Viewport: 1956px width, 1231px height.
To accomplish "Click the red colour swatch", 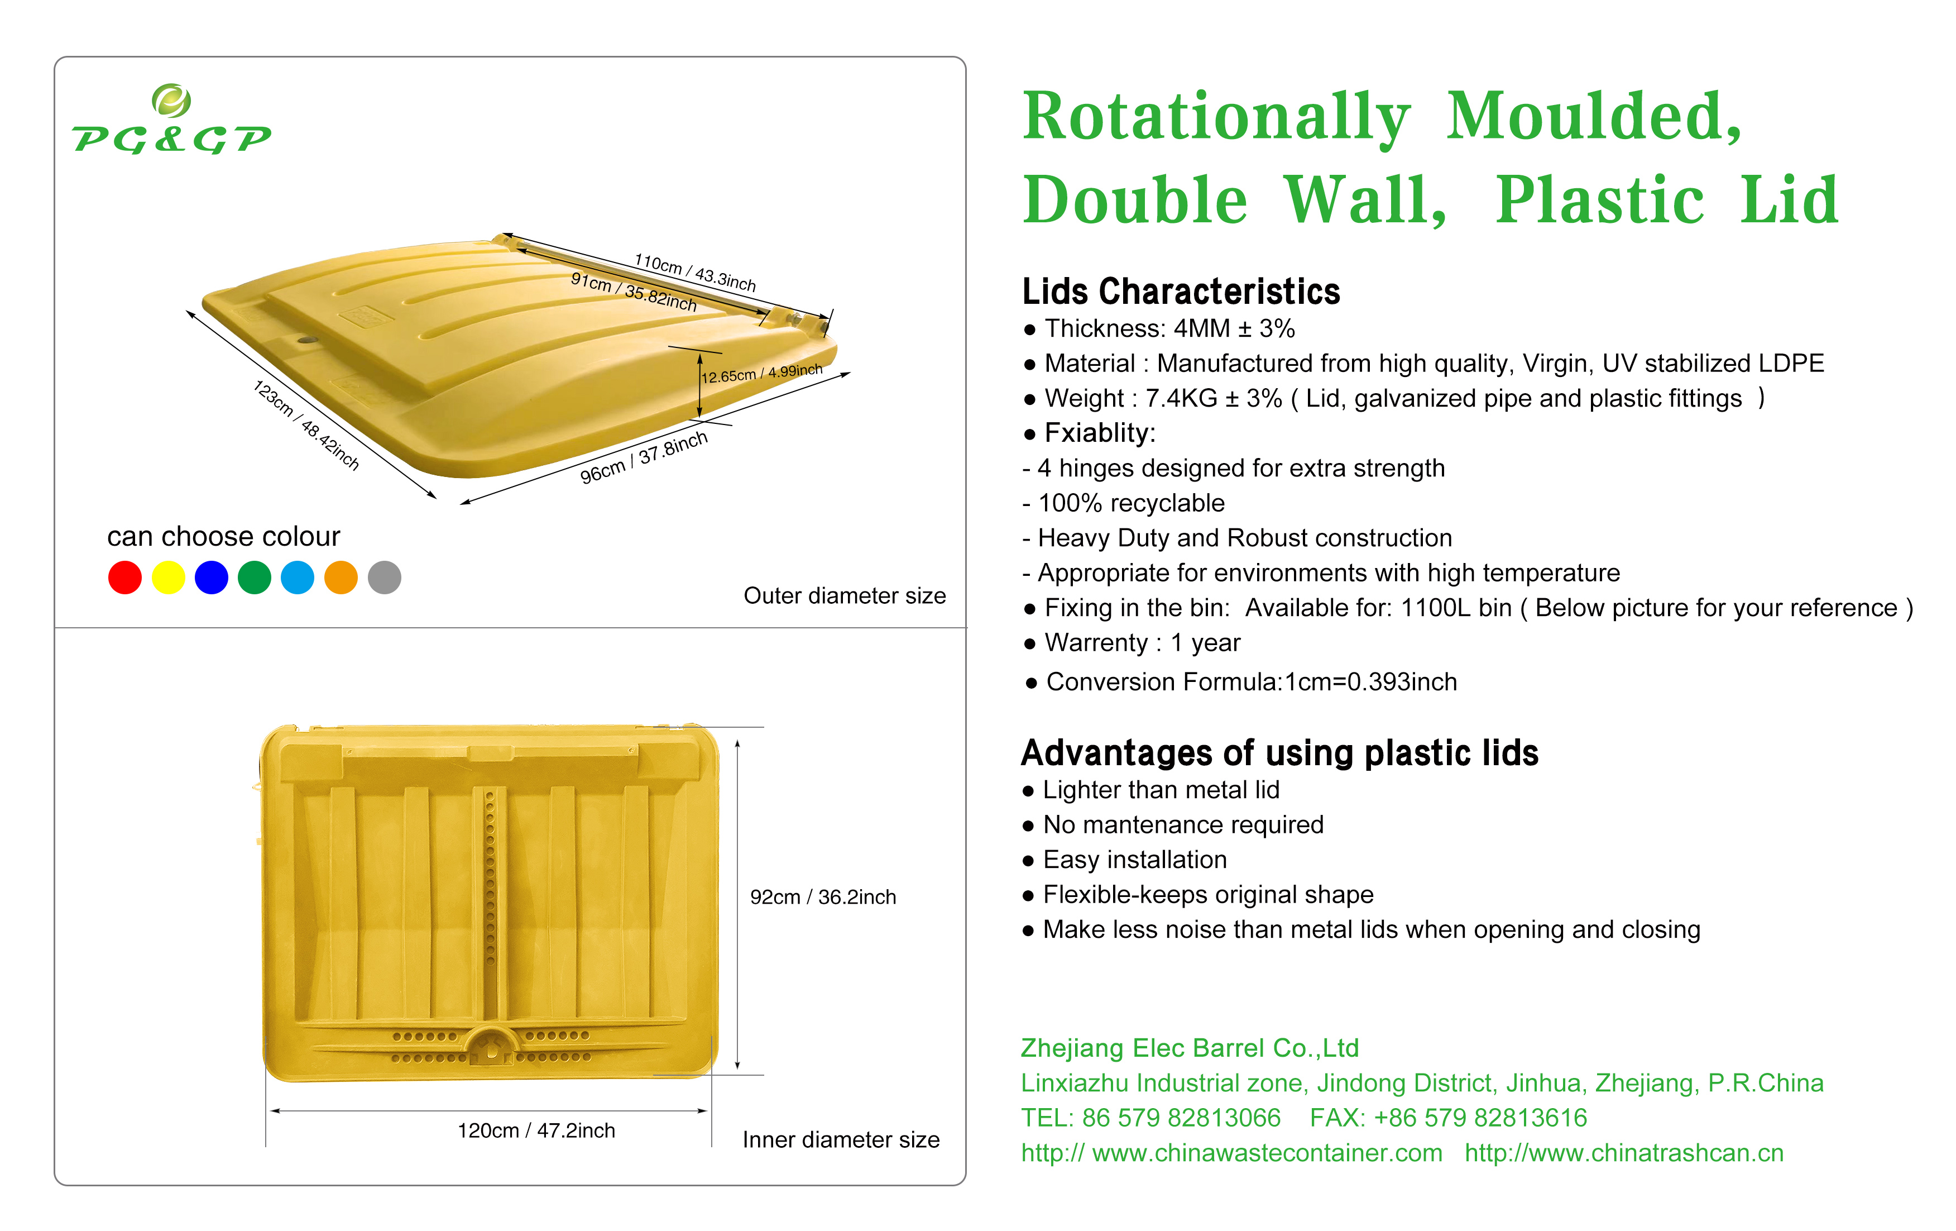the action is point(124,578).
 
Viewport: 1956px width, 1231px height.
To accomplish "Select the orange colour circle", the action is point(341,578).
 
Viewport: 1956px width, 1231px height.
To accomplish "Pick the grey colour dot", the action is point(384,578).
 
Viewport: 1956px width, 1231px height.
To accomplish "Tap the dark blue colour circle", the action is point(211,578).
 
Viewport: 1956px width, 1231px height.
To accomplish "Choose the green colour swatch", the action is point(254,578).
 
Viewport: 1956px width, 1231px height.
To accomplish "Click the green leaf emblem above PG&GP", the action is point(171,101).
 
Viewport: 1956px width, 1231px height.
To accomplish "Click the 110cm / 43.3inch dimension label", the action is point(696,272).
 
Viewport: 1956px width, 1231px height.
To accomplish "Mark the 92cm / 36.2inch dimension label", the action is point(823,897).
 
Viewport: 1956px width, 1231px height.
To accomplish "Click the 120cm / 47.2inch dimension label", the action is point(536,1130).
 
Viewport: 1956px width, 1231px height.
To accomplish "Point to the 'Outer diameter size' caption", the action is point(845,595).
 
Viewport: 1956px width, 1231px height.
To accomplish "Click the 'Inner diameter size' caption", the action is point(841,1140).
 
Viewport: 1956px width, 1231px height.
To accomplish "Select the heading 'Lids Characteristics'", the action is point(1181,291).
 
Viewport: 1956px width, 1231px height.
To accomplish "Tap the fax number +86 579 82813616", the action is point(1480,1118).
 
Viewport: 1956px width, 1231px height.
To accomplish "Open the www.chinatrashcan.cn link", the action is point(1624,1153).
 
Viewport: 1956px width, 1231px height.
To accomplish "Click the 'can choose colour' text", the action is point(223,536).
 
